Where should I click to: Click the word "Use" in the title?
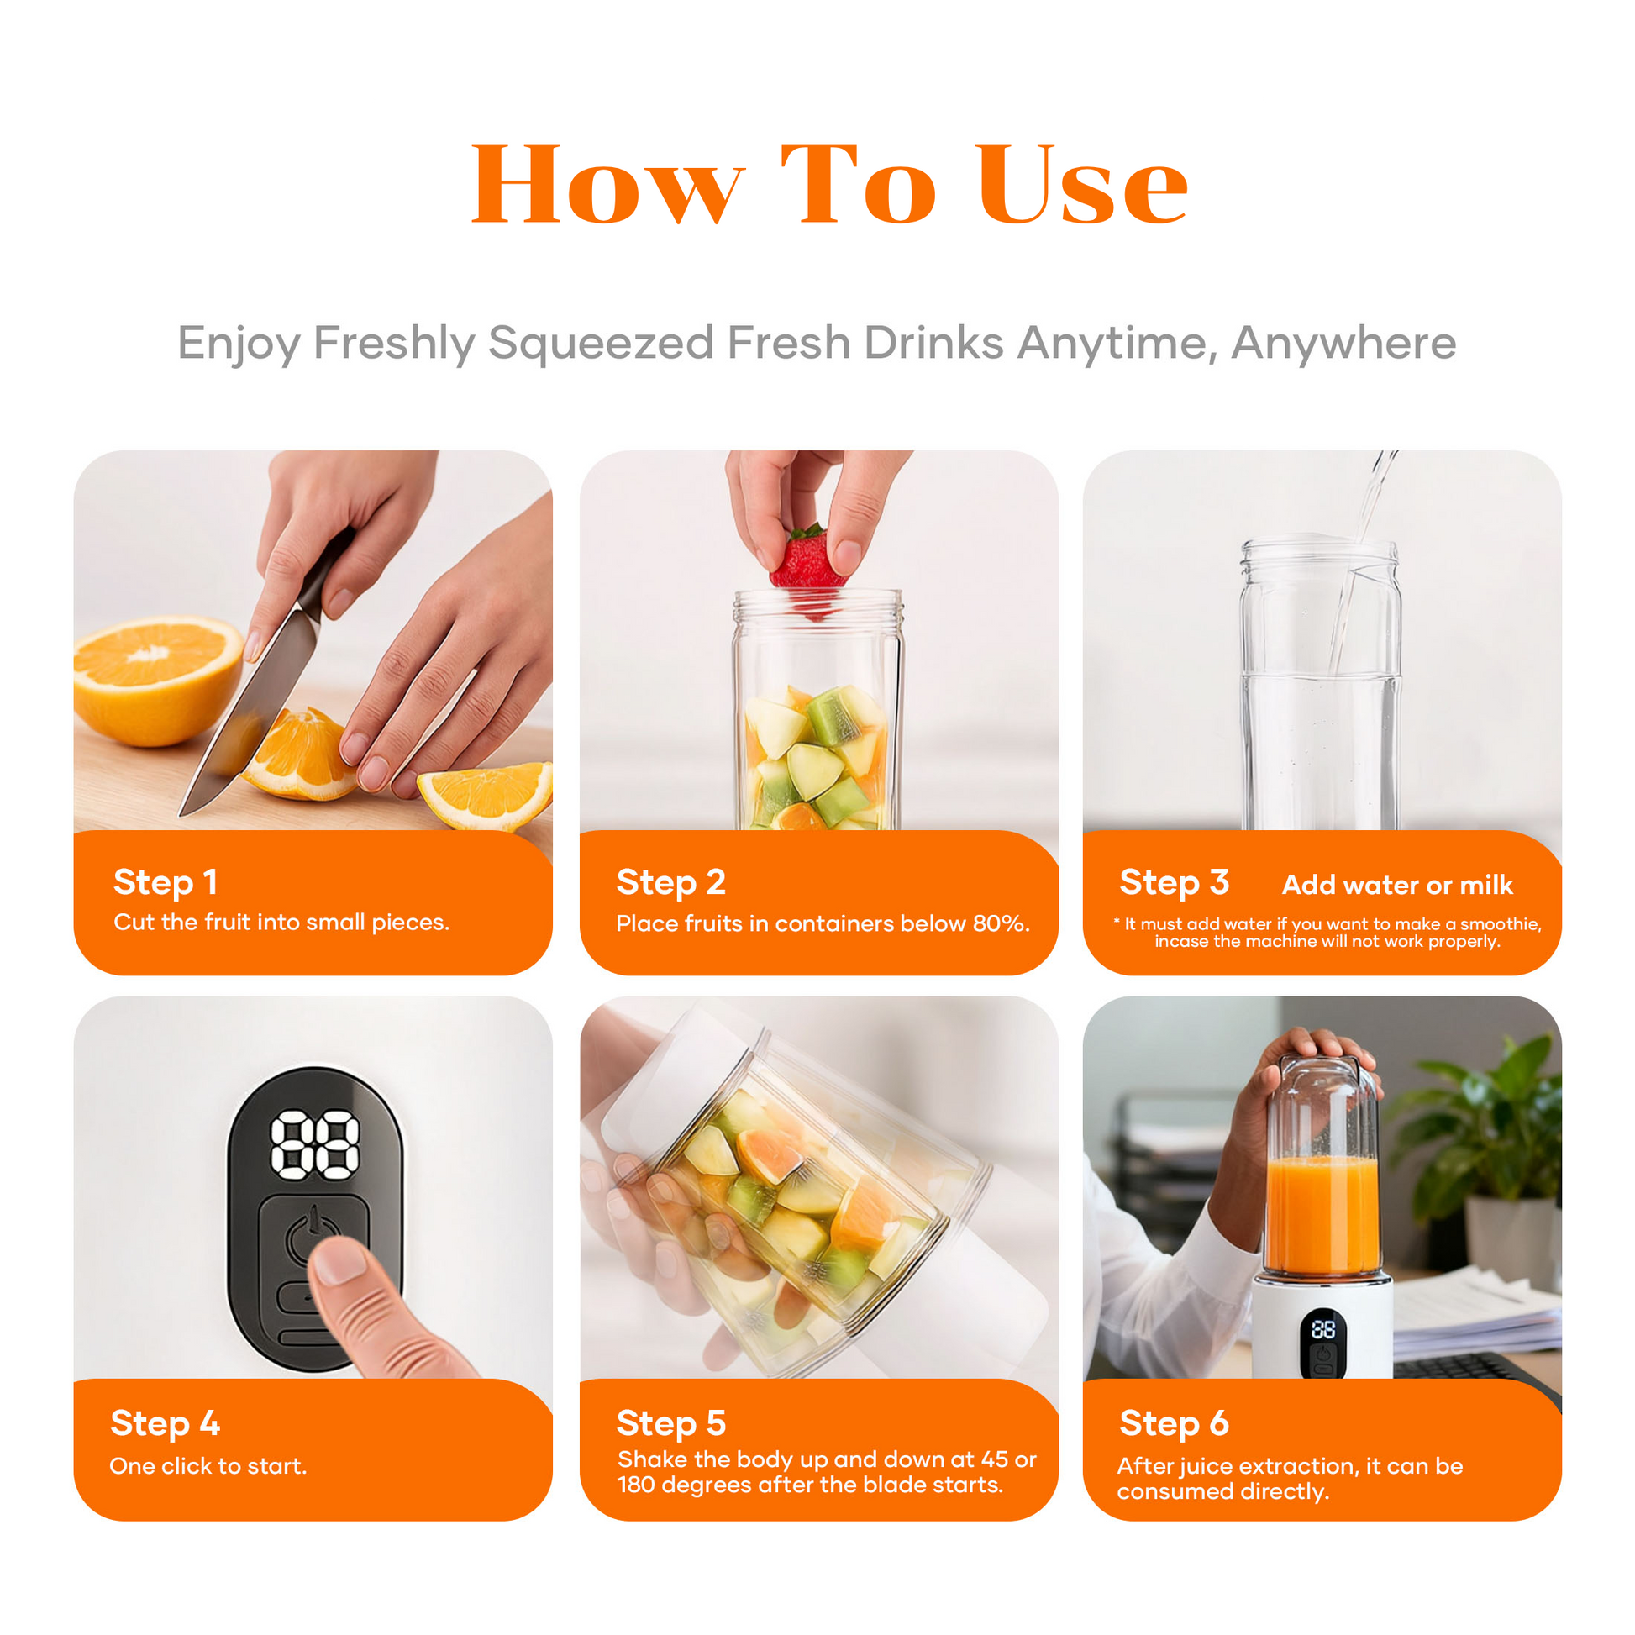pos(1082,185)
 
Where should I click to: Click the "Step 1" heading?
pos(166,882)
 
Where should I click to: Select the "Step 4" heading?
pos(166,1423)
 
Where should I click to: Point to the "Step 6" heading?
pos(1174,1423)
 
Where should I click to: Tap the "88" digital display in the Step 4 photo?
pos(315,1145)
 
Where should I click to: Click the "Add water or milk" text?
pos(1397,885)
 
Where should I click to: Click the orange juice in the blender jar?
pos(1322,1215)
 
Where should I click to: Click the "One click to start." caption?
pos(208,1466)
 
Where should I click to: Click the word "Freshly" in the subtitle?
pos(394,344)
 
